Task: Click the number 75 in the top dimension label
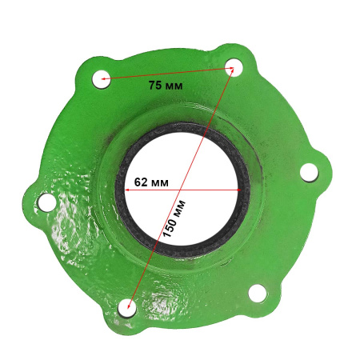(x=155, y=85)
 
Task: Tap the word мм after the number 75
(x=174, y=86)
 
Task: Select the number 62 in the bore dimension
(x=141, y=182)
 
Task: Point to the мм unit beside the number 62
(x=159, y=183)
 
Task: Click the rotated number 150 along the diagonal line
(x=170, y=226)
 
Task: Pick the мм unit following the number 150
(x=180, y=206)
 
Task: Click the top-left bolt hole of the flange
(x=102, y=79)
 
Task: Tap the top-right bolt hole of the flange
(x=234, y=67)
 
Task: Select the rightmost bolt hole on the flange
(x=309, y=173)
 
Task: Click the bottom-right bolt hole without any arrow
(x=258, y=294)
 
